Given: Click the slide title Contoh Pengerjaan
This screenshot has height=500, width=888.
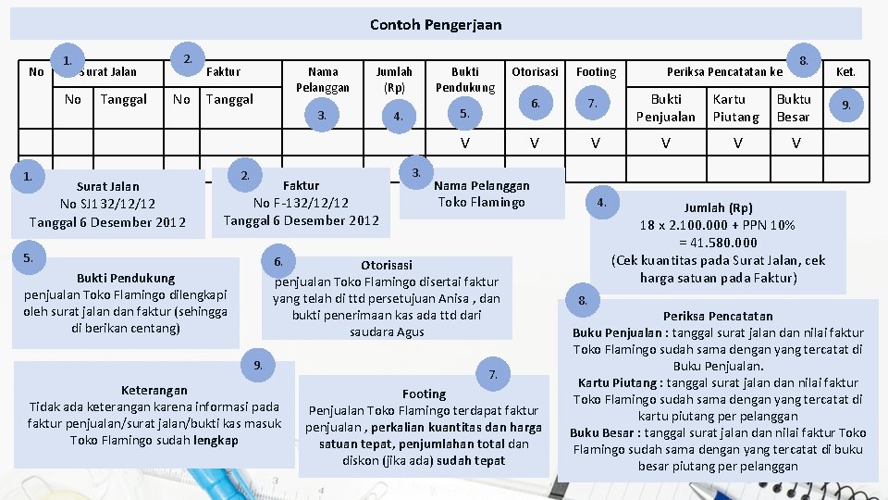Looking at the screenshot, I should (x=436, y=24).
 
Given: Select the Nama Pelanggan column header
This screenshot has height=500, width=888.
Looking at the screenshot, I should (x=323, y=79).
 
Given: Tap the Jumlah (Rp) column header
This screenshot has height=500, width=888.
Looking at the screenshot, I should (x=394, y=79).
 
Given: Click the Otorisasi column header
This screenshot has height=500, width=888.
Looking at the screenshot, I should (x=535, y=71).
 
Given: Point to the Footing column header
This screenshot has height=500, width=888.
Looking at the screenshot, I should (x=596, y=71).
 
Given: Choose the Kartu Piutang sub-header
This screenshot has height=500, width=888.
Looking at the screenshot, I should (x=736, y=107).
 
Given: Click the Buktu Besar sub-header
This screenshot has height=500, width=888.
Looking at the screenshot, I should (x=794, y=107).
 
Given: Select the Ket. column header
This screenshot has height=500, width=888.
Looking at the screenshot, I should (x=845, y=71).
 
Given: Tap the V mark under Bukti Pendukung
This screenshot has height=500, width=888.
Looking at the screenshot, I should (x=465, y=144).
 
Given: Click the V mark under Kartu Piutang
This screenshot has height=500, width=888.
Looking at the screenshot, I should (x=737, y=144).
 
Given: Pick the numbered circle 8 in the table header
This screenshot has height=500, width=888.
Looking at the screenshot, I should (x=805, y=60).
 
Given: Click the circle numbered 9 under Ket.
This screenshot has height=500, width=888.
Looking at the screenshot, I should (x=845, y=106).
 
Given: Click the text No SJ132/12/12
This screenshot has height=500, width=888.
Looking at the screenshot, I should (x=107, y=204).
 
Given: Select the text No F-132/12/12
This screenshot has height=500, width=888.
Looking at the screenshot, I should (x=301, y=203).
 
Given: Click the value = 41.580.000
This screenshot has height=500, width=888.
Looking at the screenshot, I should (x=718, y=243).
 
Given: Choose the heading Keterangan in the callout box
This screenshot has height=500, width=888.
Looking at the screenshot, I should (x=154, y=390).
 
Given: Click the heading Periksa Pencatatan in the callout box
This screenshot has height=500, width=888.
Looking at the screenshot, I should (x=718, y=316).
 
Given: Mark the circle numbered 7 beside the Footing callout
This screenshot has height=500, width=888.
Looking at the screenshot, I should (x=493, y=374).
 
